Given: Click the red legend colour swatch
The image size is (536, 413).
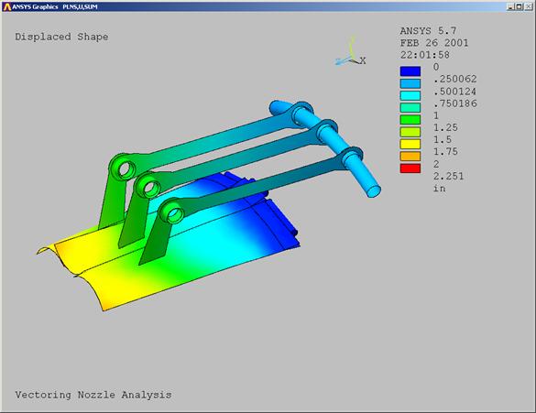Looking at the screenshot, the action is (x=410, y=168).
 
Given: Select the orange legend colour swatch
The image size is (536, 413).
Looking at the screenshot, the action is (x=410, y=156).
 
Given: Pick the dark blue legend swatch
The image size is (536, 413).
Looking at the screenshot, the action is (x=410, y=71).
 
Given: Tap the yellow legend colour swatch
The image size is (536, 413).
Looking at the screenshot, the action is (x=410, y=144).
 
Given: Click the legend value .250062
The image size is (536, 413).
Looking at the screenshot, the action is (x=455, y=80).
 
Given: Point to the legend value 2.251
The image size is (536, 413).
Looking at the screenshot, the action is (x=448, y=176).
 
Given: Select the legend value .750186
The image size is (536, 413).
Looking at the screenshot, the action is (x=455, y=103).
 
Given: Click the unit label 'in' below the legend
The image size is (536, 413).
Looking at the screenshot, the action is (x=440, y=189).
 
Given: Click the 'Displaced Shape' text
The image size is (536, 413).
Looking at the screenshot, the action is (x=61, y=37).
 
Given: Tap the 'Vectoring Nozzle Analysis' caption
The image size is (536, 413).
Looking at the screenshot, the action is (x=93, y=395).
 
